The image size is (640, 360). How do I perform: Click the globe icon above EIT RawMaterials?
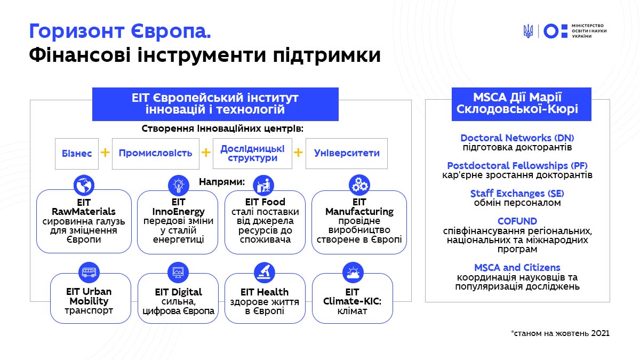point(84,185)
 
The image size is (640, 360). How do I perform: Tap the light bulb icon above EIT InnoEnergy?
point(179,186)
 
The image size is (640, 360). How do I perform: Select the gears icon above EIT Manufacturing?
point(359,185)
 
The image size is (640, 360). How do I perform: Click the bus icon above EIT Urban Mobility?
point(89,273)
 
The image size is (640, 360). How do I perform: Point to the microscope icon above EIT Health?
point(265,273)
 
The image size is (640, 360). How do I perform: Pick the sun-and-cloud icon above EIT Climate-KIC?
point(353,273)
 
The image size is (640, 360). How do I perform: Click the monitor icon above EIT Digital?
point(178,273)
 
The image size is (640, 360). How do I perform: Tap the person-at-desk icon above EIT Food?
point(263,186)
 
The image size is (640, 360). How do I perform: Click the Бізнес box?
point(77,154)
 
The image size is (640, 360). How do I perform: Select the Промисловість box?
point(156,154)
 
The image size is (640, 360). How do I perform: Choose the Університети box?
point(347,154)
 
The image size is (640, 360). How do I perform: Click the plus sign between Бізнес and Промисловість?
point(105,153)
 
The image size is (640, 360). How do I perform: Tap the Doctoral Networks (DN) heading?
point(517,138)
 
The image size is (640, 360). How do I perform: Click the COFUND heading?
point(517,221)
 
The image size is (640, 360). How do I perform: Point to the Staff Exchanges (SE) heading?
point(517,194)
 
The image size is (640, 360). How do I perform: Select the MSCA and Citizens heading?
point(517,267)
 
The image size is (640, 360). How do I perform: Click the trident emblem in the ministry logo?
point(528,31)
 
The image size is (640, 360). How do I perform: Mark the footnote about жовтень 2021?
point(560,333)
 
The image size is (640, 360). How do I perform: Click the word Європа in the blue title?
point(171,31)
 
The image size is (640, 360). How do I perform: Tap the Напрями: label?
point(222,182)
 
